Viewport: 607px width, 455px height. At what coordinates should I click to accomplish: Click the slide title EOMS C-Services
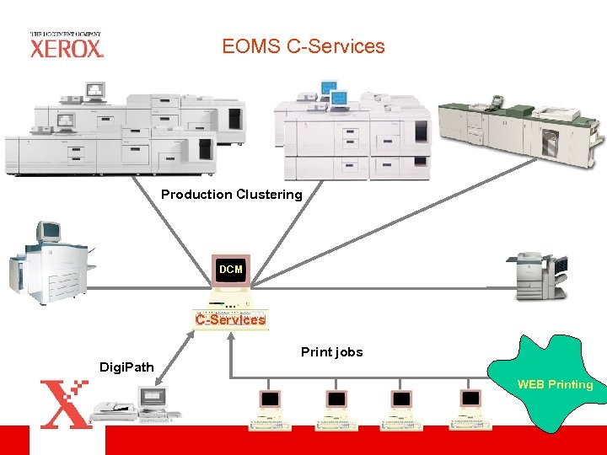(x=303, y=46)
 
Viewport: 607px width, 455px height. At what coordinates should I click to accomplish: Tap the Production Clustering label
(x=231, y=195)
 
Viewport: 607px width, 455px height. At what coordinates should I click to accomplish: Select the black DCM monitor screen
(x=231, y=270)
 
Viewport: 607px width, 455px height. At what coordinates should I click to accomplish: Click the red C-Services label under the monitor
(x=230, y=319)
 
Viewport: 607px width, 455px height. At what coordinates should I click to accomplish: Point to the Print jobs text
(x=331, y=352)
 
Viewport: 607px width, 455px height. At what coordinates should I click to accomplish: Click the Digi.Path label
(x=126, y=367)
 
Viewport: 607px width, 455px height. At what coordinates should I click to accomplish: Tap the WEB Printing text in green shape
(x=555, y=384)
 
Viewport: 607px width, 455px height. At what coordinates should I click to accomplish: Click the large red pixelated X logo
(x=65, y=404)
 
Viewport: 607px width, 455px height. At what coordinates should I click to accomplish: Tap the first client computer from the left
(x=270, y=409)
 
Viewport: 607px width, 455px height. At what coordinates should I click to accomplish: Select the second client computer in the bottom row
(x=336, y=409)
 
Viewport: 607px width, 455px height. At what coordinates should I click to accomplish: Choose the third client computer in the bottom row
(x=402, y=409)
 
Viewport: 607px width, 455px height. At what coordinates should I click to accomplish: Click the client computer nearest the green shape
(x=470, y=409)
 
